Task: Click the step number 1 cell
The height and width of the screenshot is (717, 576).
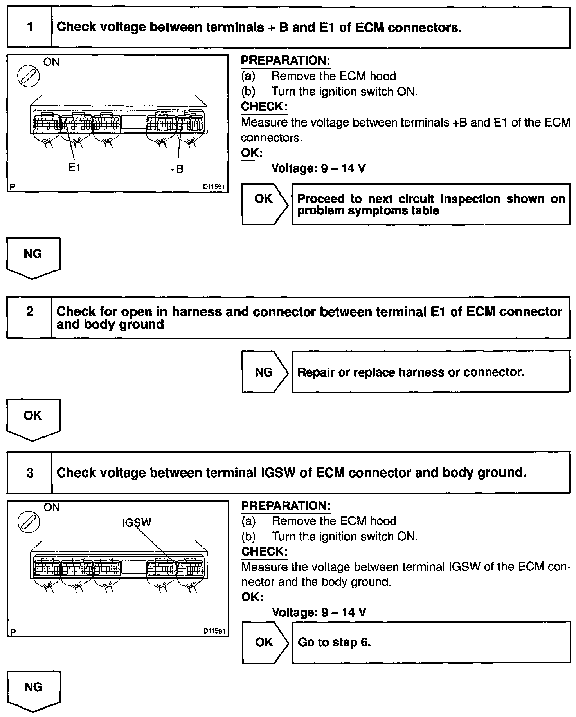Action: (x=30, y=27)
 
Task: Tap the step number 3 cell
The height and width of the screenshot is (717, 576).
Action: (x=30, y=473)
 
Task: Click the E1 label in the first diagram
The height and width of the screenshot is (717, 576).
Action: (x=74, y=168)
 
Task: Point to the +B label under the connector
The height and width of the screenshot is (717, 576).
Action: (x=176, y=169)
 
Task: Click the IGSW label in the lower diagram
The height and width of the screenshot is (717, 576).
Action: (x=137, y=522)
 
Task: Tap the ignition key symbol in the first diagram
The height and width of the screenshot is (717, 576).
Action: (x=29, y=76)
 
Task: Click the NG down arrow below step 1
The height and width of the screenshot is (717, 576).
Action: (x=33, y=257)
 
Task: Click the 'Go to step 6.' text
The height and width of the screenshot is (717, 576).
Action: (x=334, y=643)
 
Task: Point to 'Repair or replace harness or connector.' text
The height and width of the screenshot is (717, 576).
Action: (x=411, y=372)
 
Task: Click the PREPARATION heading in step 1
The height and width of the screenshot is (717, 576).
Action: (x=286, y=61)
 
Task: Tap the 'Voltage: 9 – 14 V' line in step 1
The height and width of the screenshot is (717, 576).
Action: (x=319, y=168)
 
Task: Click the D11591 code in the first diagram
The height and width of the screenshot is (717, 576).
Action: (x=214, y=187)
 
